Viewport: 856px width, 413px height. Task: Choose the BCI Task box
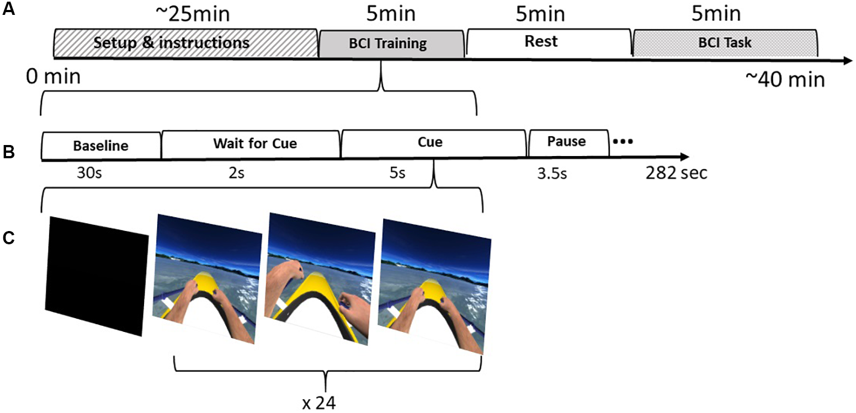[x=724, y=42]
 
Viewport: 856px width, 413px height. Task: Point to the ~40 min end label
[x=785, y=79]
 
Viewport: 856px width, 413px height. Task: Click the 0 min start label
[x=53, y=77]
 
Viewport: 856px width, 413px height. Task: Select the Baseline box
[x=101, y=146]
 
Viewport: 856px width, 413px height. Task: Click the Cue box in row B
[x=434, y=142]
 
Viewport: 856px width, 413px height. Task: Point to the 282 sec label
[x=676, y=174]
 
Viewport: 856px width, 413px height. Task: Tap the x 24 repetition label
[x=320, y=403]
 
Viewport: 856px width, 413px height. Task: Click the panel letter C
[x=8, y=238]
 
